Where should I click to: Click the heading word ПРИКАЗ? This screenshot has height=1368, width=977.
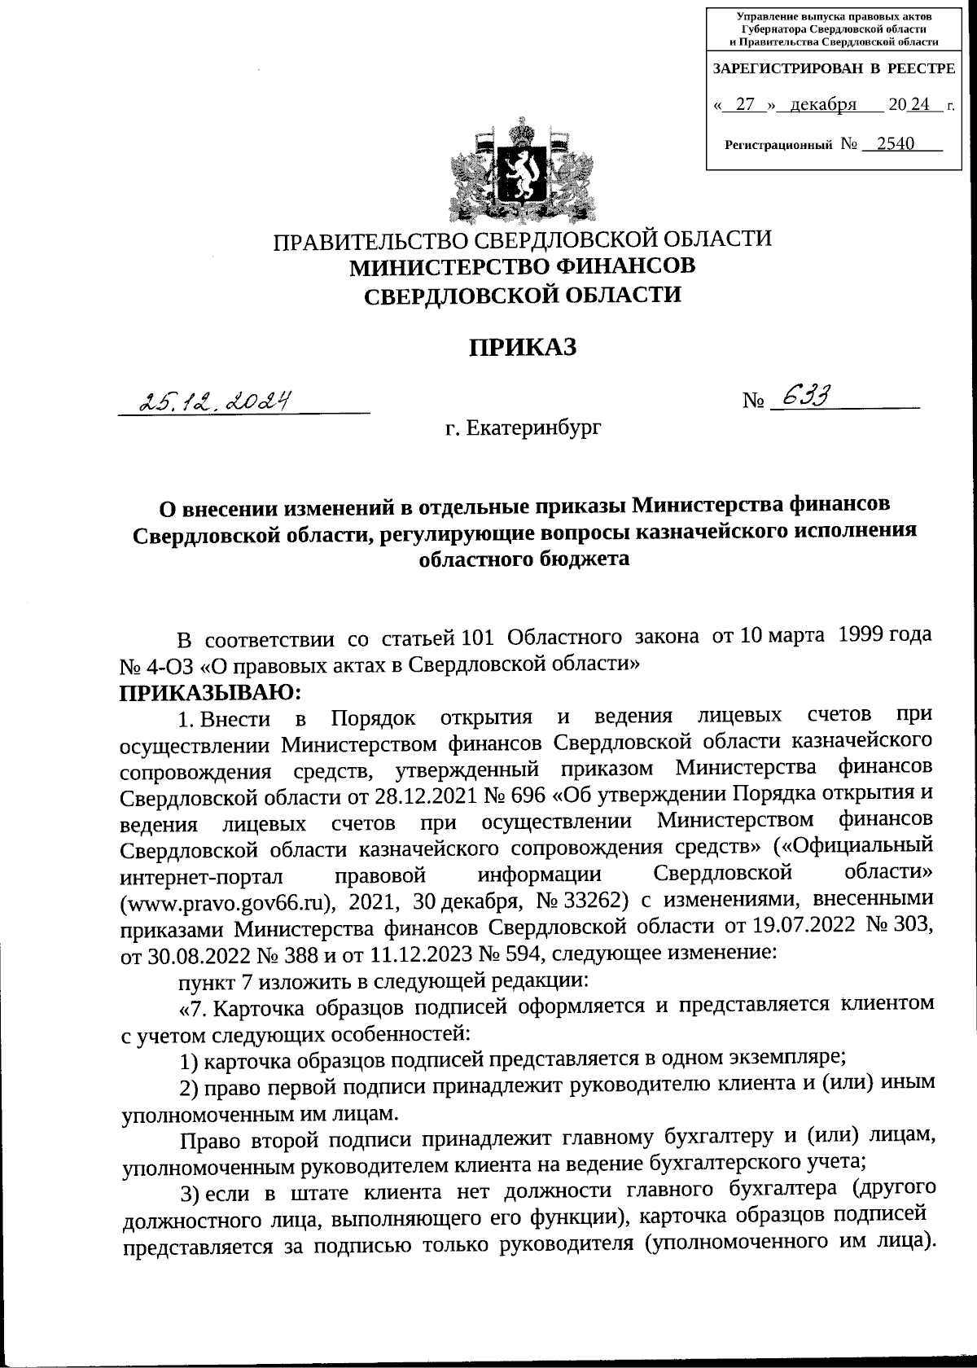click(522, 348)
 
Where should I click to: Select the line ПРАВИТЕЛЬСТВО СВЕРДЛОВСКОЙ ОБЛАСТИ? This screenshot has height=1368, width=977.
click(522, 240)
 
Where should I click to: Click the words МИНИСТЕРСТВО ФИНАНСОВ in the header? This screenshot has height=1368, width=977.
click(522, 266)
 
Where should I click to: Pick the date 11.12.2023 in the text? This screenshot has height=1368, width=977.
click(410, 955)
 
